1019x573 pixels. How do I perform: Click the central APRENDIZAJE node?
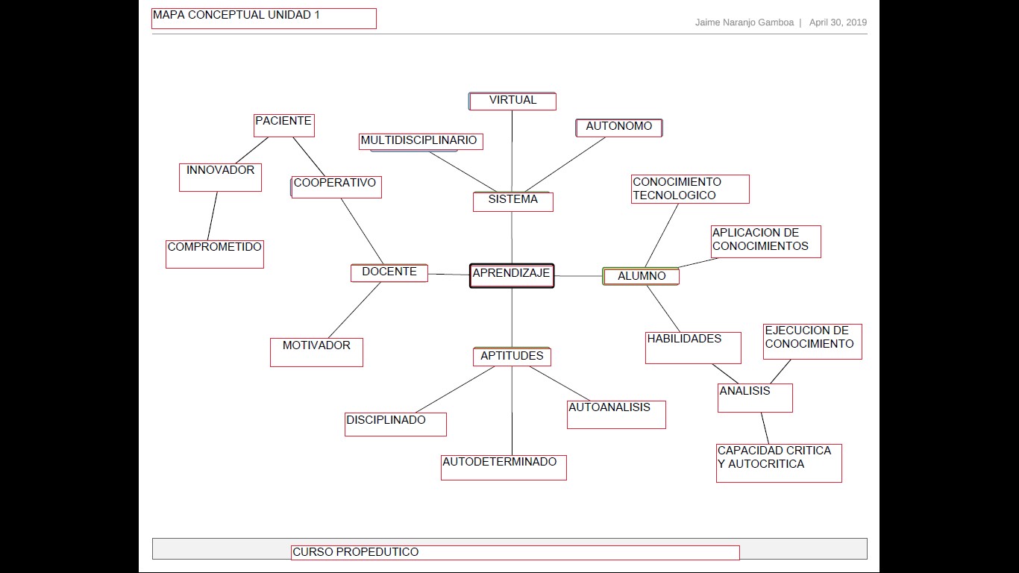point(512,275)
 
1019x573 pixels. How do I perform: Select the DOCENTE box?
point(389,273)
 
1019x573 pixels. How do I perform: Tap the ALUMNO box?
point(641,276)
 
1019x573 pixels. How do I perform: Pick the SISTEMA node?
point(512,201)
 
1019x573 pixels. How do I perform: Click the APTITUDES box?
point(512,357)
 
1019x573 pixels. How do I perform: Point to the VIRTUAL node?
point(512,101)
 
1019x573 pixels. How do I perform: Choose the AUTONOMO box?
point(618,128)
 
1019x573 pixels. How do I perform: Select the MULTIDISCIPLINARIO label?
point(418,140)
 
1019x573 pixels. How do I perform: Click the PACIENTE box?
point(283,125)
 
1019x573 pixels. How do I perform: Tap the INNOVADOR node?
point(220,177)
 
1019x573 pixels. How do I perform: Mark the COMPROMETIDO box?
point(215,254)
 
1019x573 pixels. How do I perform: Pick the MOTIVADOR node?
point(316,352)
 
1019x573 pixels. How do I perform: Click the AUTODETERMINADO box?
point(504,467)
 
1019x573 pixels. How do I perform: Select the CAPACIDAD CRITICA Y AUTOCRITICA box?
point(779,463)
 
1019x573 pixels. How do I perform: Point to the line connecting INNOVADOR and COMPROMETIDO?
point(213,216)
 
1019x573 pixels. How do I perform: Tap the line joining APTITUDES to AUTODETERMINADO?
point(512,410)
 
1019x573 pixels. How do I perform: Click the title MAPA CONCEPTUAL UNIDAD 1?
point(236,15)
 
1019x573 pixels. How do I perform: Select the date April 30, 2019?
point(838,22)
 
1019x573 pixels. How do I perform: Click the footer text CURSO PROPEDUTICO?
point(356,552)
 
